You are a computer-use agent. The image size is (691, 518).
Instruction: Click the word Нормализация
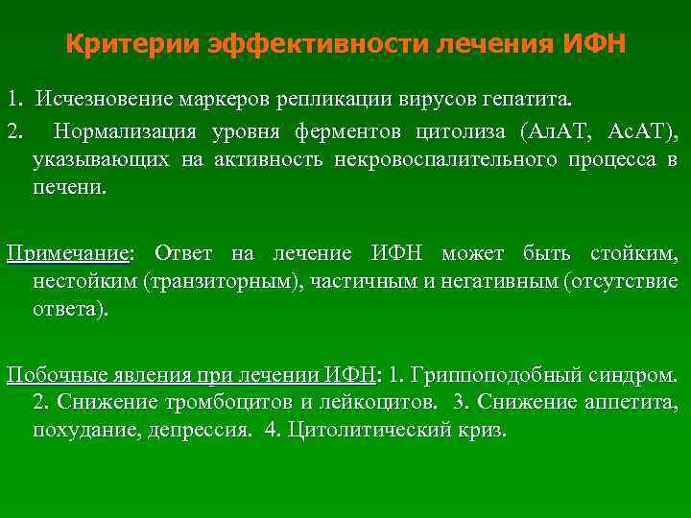[x=126, y=131]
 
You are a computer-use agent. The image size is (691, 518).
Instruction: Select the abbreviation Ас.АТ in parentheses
[x=635, y=131]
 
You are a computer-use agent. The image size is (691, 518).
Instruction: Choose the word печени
[x=69, y=185]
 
